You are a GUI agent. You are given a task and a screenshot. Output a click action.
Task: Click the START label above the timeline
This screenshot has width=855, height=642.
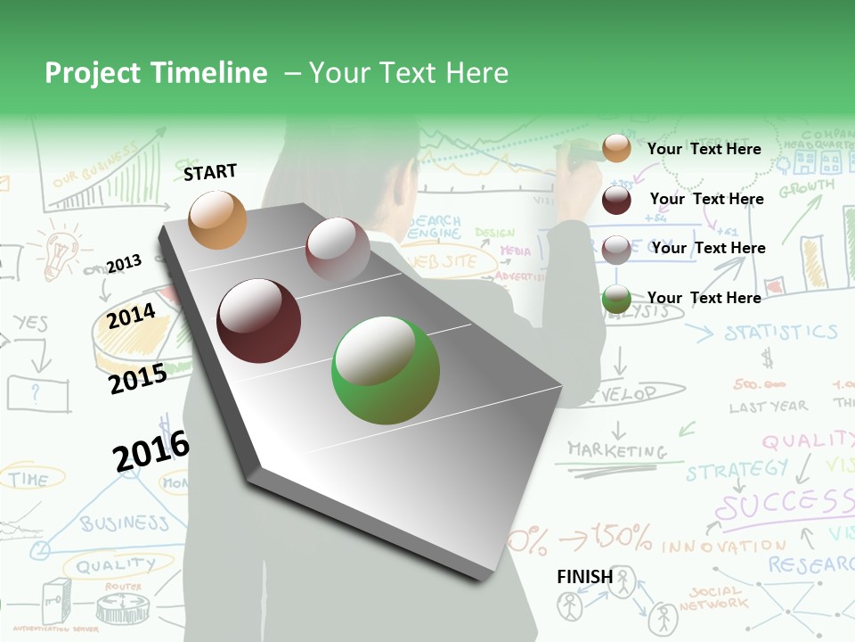[210, 172]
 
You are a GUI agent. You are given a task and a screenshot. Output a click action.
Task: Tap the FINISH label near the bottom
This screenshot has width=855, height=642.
[584, 577]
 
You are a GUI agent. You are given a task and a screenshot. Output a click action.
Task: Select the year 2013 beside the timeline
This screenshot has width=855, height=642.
[124, 263]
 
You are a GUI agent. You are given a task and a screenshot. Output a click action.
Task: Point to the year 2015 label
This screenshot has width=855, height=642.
[137, 379]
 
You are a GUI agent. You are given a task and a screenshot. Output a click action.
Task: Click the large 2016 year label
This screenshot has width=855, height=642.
[151, 450]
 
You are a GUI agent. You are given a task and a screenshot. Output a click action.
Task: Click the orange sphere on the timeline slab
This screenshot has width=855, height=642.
[217, 219]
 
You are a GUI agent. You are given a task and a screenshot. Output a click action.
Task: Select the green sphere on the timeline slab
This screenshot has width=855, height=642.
[386, 370]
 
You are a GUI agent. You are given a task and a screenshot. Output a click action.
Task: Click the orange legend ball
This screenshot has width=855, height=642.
[616, 148]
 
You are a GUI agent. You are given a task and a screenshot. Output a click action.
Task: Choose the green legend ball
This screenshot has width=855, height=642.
[616, 299]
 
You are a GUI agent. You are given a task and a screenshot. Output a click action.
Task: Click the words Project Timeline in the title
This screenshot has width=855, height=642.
[156, 73]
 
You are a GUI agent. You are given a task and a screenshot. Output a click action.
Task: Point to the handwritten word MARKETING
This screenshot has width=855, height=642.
[617, 450]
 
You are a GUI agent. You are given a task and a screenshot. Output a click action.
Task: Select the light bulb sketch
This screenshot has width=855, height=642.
[59, 251]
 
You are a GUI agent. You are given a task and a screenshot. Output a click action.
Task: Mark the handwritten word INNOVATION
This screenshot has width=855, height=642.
[724, 545]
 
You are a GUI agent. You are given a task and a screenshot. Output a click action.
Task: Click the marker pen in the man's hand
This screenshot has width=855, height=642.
[580, 159]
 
